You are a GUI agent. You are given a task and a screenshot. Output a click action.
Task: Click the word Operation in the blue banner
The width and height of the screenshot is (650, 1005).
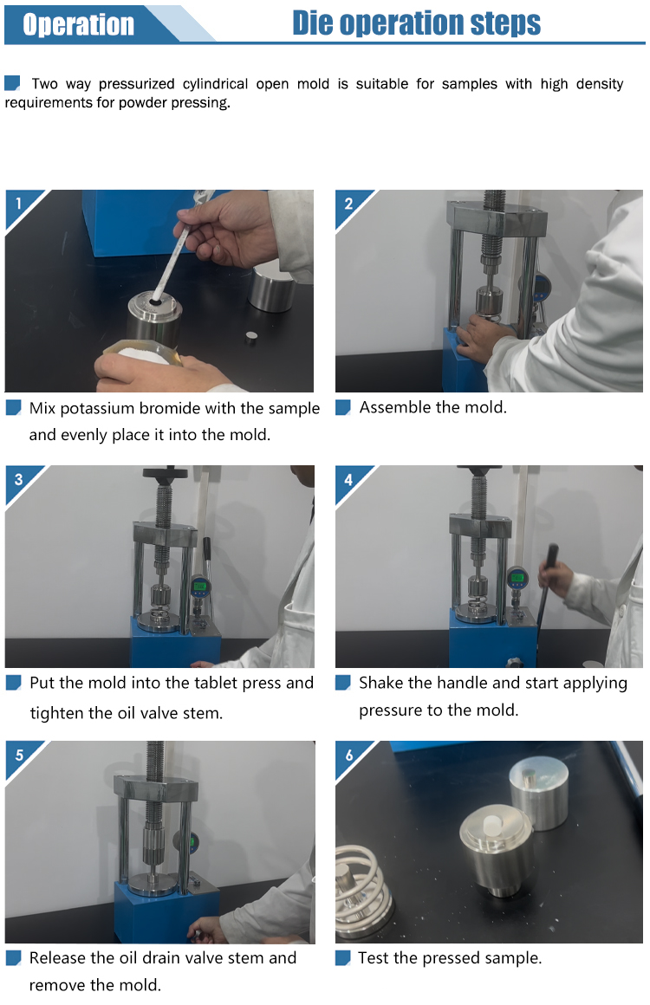pyautogui.click(x=78, y=24)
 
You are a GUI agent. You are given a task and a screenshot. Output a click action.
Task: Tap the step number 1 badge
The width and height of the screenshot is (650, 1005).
pyautogui.click(x=18, y=204)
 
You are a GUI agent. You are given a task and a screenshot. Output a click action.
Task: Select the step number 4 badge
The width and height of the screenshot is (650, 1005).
pyautogui.click(x=348, y=479)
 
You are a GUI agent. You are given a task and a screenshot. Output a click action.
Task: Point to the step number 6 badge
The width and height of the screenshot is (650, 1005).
pyautogui.click(x=348, y=755)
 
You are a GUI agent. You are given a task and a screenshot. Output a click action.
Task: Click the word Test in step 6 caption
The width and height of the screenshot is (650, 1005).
pyautogui.click(x=373, y=957)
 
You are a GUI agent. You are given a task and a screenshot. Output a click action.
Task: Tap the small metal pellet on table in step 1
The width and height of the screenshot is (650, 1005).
pyautogui.click(x=251, y=338)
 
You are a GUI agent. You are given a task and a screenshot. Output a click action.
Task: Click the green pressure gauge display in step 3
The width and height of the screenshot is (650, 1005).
pyautogui.click(x=199, y=585)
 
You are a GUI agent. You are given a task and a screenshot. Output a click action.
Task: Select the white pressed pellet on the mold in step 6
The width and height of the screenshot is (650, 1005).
pyautogui.click(x=492, y=823)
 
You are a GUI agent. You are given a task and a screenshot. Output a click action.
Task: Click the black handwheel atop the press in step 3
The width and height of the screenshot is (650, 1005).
pyautogui.click(x=165, y=474)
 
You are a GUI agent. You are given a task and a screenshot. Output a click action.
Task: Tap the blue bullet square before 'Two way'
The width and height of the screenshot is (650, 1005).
pyautogui.click(x=12, y=82)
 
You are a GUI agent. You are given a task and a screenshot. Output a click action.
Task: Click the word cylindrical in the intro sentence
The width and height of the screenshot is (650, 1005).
pyautogui.click(x=216, y=84)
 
